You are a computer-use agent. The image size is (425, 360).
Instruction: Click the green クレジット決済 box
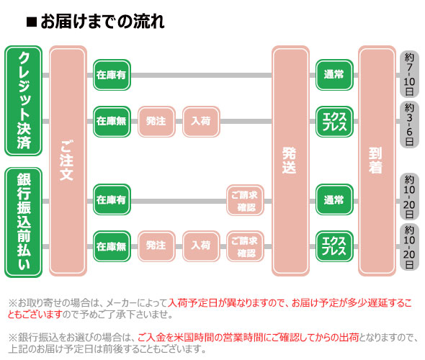tap(24, 101)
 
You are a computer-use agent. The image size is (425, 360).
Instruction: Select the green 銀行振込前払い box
tap(24, 222)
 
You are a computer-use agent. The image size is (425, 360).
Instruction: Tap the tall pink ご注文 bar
tap(68, 161)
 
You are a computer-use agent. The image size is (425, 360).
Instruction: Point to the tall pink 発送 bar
tap(290, 161)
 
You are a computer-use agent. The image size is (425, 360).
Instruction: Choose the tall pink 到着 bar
tap(377, 161)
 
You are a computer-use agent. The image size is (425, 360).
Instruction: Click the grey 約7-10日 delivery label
tap(409, 74)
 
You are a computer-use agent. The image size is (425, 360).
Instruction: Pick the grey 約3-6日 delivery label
tap(409, 125)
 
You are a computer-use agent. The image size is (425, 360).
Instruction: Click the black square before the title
tap(32, 22)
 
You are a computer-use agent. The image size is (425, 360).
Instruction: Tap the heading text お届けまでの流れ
tap(102, 22)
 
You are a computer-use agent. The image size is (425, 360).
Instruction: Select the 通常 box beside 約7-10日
tap(334, 75)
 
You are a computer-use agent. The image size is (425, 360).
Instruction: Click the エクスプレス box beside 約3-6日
tap(334, 122)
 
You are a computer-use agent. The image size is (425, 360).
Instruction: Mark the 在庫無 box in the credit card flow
tap(112, 122)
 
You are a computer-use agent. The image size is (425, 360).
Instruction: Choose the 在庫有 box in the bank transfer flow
tap(112, 199)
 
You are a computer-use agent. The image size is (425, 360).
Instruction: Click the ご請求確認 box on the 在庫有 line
tap(246, 200)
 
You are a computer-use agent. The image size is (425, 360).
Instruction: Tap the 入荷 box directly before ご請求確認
tap(201, 246)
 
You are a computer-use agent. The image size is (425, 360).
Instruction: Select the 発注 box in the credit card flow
tap(156, 122)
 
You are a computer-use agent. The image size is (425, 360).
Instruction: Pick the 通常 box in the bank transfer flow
tap(334, 199)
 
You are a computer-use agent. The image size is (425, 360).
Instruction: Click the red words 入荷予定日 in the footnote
tap(193, 303)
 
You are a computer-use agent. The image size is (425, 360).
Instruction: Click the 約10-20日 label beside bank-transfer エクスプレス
tap(409, 247)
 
